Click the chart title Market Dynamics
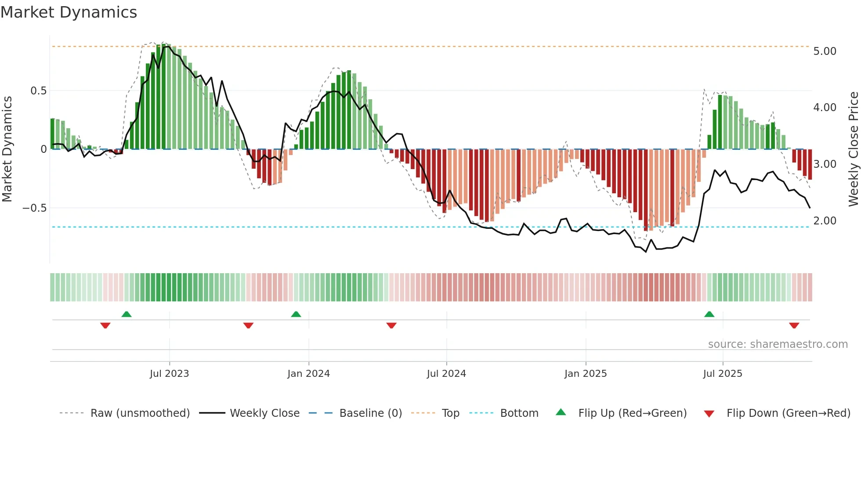pyautogui.click(x=69, y=12)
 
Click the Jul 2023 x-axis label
pyautogui.click(x=169, y=374)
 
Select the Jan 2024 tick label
pyautogui.click(x=308, y=374)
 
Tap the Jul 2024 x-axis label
pyautogui.click(x=446, y=374)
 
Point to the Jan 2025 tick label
pyautogui.click(x=586, y=374)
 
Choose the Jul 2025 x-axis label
pyautogui.click(x=723, y=374)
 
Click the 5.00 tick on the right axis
pyautogui.click(x=825, y=51)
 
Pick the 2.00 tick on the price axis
pyautogui.click(x=825, y=221)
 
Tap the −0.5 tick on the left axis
pyautogui.click(x=35, y=208)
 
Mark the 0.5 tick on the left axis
pyautogui.click(x=38, y=91)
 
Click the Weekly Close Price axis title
pyautogui.click(x=853, y=149)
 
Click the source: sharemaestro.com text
pyautogui.click(x=778, y=344)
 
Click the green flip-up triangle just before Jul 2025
pyautogui.click(x=709, y=314)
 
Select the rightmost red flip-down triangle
pyautogui.click(x=794, y=325)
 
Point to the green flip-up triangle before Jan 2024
pyautogui.click(x=296, y=314)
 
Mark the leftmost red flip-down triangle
pyautogui.click(x=105, y=325)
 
